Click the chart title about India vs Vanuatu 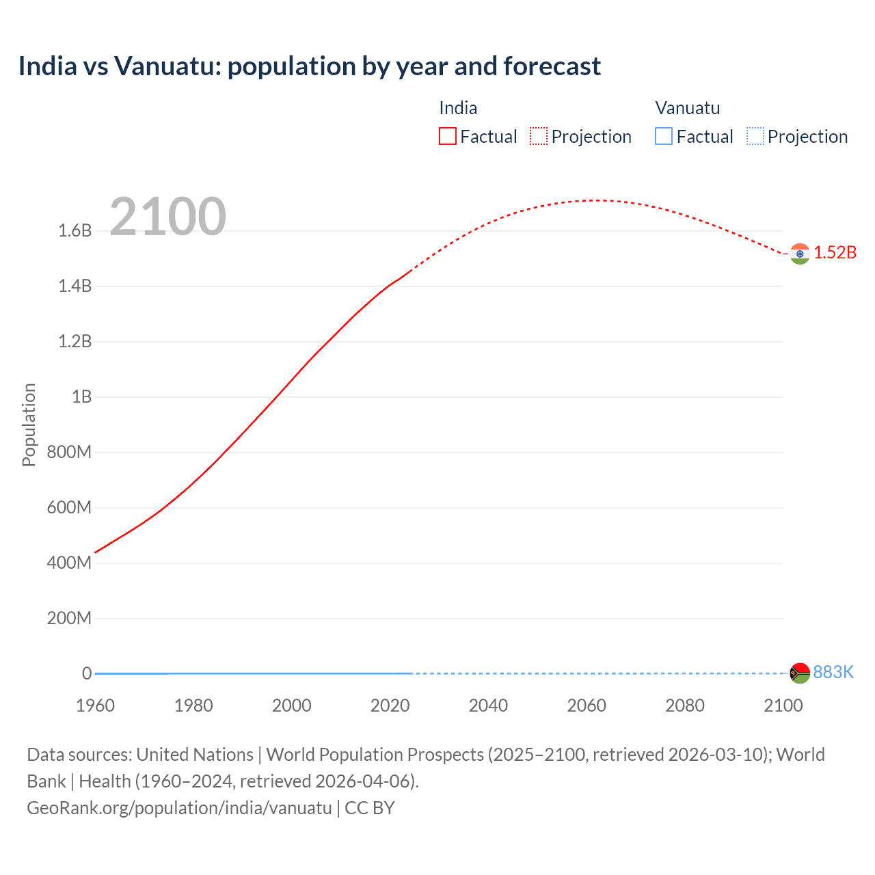click(309, 66)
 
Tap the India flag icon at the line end click(799, 254)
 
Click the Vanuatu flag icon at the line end click(799, 673)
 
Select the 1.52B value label click(835, 253)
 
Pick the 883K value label click(833, 673)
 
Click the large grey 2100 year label click(167, 217)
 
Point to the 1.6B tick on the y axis click(75, 231)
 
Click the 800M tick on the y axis click(69, 453)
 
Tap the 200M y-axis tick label click(69, 619)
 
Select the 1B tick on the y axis click(81, 397)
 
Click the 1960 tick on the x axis click(95, 705)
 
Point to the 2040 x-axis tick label click(488, 705)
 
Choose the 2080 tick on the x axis click(684, 705)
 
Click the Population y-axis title click(29, 425)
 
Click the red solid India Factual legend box click(448, 137)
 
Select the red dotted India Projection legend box click(539, 137)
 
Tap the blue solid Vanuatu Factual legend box click(664, 137)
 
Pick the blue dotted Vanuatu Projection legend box click(755, 137)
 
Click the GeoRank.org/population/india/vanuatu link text click(179, 808)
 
